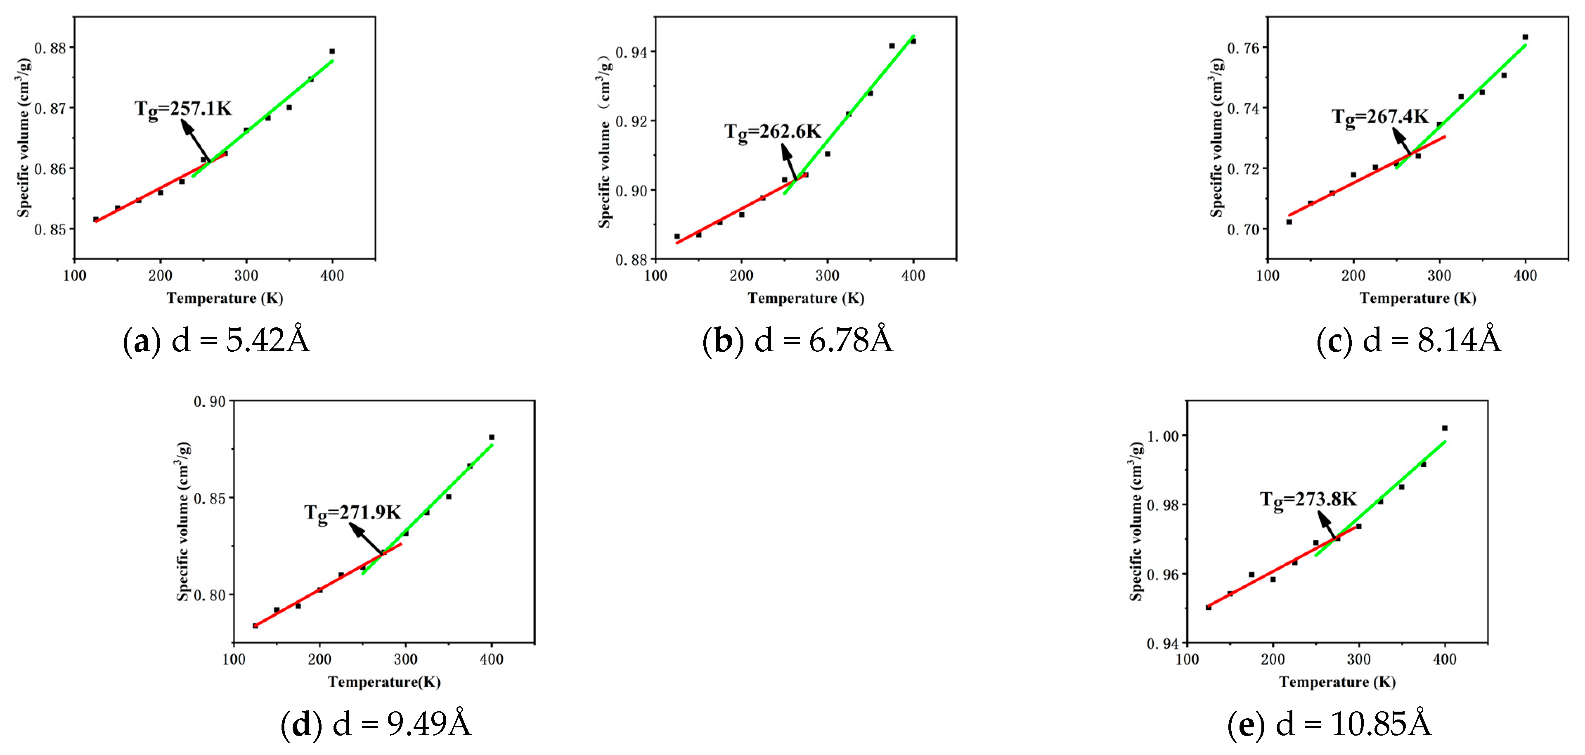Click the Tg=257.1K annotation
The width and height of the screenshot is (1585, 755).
coord(183,109)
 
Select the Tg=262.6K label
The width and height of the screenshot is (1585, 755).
coord(772,132)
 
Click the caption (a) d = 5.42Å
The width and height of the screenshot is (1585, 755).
coord(217,340)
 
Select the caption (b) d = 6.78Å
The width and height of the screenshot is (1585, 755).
coord(797,340)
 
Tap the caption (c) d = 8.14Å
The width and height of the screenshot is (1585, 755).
coord(1408,340)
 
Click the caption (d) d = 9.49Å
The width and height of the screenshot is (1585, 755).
coord(376,724)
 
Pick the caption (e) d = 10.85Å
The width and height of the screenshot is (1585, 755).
coord(1330,724)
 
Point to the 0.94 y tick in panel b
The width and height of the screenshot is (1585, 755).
coord(631,52)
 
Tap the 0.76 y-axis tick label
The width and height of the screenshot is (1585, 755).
coord(1243,48)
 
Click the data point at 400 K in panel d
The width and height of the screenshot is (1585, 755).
coord(492,438)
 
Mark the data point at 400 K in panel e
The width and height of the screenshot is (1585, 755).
coord(1445,428)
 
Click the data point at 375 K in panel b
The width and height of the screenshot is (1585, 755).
coord(892,45)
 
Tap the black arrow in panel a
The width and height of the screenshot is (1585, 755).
coord(196,140)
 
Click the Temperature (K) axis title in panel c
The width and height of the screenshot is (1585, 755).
coord(1418,298)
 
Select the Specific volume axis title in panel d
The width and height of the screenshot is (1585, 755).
coord(183,521)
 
